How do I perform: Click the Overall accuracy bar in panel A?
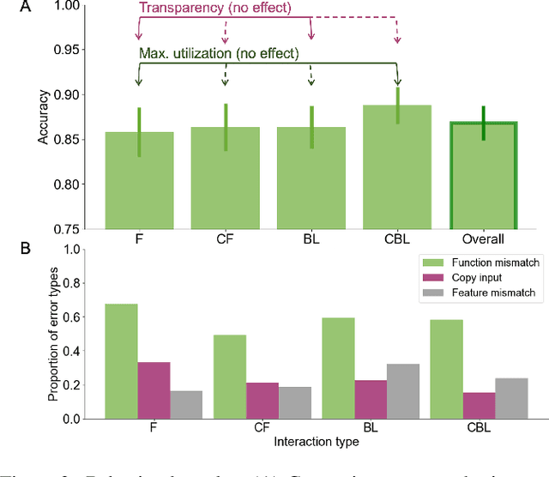point(483,176)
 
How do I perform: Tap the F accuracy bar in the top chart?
point(139,180)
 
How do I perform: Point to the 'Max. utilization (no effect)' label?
point(219,54)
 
